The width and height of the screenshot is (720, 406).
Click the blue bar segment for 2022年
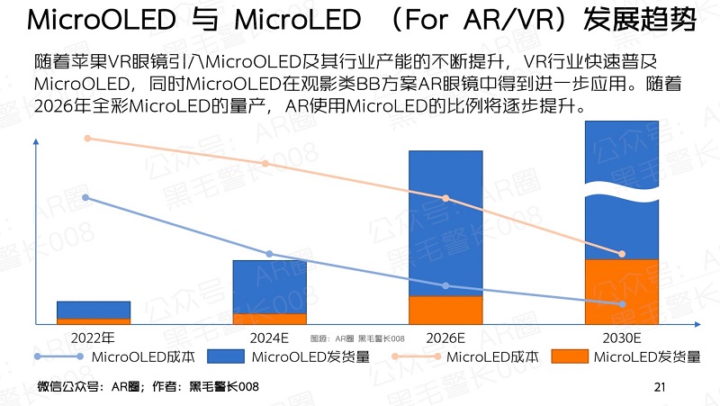(94, 310)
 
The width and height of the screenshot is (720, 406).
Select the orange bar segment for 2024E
(270, 319)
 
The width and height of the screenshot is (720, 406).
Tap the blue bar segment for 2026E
(445, 222)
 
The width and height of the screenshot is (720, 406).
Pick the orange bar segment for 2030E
(622, 291)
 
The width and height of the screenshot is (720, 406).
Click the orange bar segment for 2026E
(445, 310)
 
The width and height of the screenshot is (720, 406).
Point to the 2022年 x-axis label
(94, 339)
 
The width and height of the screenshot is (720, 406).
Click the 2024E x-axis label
(270, 339)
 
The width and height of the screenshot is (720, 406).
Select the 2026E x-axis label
(445, 339)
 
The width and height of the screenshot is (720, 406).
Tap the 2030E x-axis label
(622, 339)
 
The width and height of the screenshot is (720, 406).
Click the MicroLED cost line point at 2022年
(87, 138)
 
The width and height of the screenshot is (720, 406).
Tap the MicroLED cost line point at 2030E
(622, 254)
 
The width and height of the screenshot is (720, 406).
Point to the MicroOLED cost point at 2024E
(270, 254)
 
